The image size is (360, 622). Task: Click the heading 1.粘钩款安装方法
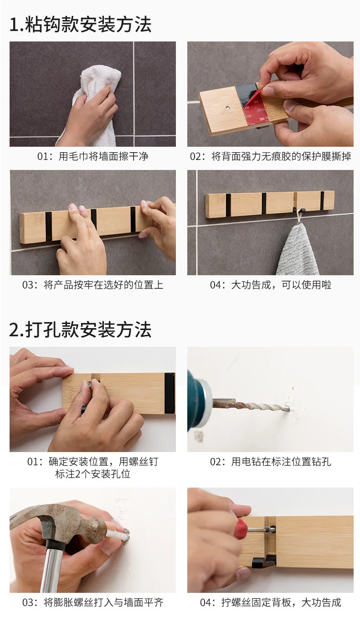[x=80, y=25]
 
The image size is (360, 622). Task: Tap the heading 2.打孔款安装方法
[x=80, y=330]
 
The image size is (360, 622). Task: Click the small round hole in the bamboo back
[x=228, y=107]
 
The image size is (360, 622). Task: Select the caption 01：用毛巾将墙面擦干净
[x=93, y=157]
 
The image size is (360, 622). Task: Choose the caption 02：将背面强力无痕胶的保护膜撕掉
[x=270, y=157]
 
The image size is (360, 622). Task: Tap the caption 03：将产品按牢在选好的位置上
[x=93, y=285]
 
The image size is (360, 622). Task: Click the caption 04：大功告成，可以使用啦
[x=270, y=285]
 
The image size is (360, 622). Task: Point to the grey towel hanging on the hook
[x=298, y=250]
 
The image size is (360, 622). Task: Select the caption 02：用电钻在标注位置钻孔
[x=270, y=462]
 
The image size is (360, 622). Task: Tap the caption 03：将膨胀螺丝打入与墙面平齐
[x=93, y=602]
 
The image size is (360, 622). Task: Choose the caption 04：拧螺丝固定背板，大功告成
[x=270, y=602]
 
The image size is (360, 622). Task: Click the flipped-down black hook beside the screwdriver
[x=264, y=560]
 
